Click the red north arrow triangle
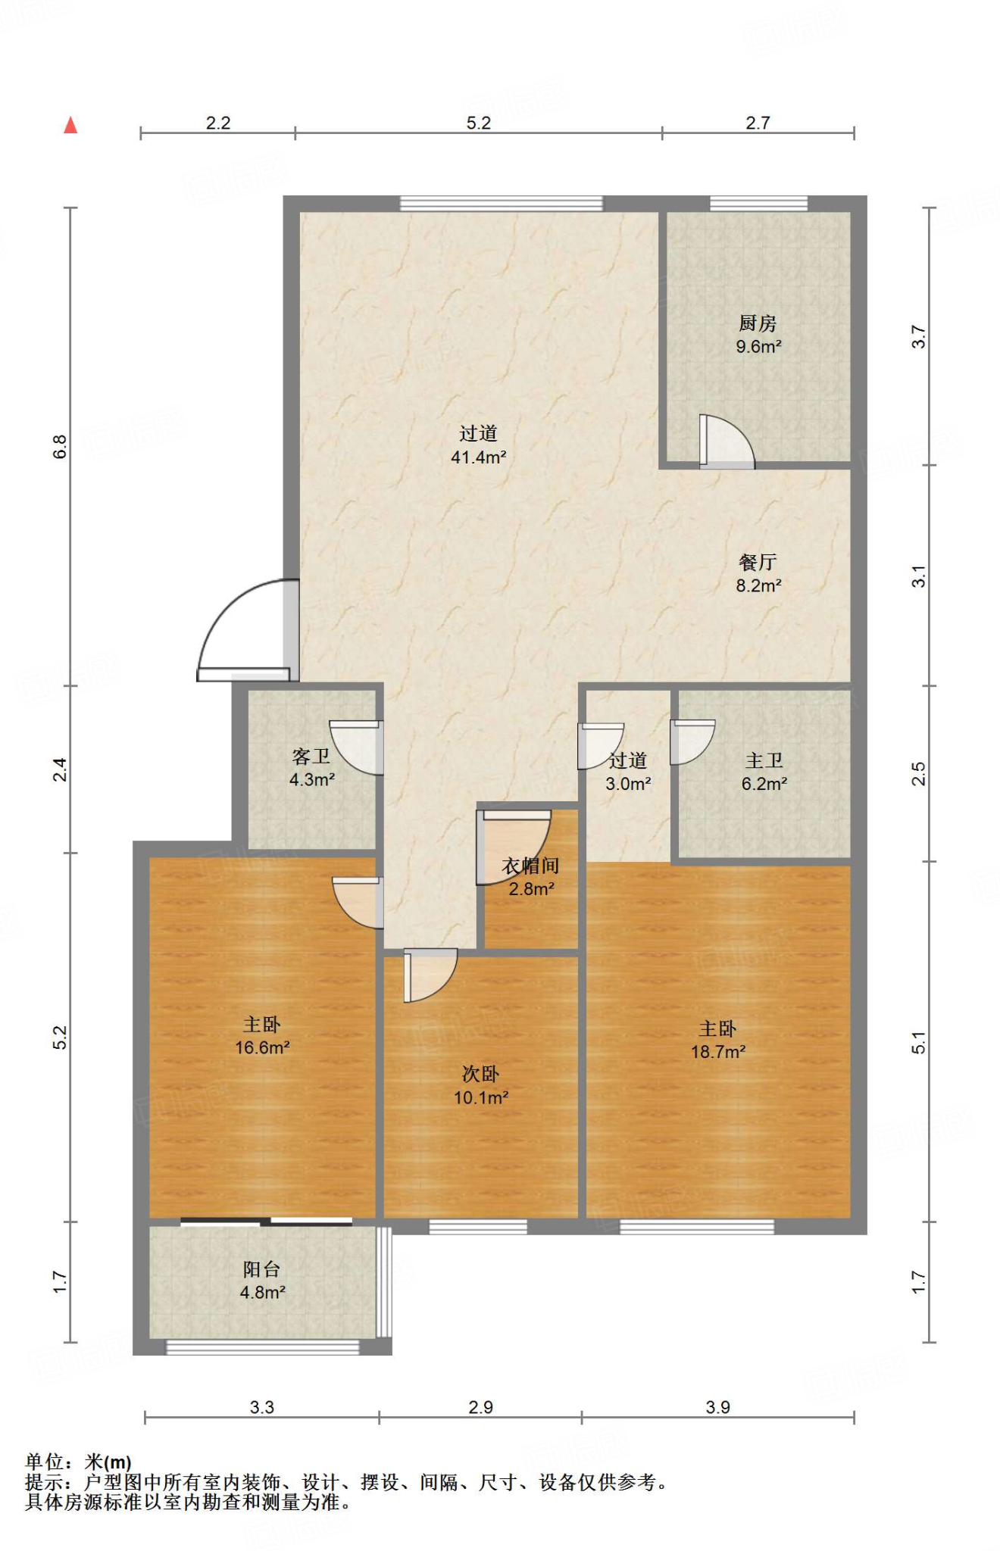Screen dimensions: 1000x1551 [x=70, y=125]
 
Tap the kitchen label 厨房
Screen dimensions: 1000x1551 [x=758, y=323]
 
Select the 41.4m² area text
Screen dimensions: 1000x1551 [x=478, y=457]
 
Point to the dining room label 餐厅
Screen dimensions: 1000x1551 [x=758, y=563]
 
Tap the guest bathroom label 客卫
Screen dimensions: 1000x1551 [x=311, y=757]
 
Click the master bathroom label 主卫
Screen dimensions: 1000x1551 [x=764, y=760]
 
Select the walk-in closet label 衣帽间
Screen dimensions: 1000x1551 [x=530, y=866]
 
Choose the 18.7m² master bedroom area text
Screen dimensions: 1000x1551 [x=718, y=1052]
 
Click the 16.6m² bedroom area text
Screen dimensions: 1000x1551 [x=262, y=1048]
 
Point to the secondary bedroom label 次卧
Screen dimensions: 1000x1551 [x=480, y=1075]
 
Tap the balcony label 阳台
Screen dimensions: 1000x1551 [x=262, y=1269]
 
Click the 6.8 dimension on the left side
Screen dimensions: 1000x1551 [x=60, y=447]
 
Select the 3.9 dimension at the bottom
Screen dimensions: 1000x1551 [x=717, y=1407]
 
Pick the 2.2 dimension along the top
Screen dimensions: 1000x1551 [x=218, y=123]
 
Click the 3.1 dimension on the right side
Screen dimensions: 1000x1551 [x=918, y=576]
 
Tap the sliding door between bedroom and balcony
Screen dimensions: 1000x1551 [x=266, y=1222]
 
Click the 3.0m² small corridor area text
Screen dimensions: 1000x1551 [x=628, y=784]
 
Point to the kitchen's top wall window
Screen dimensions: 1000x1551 [x=758, y=203]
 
